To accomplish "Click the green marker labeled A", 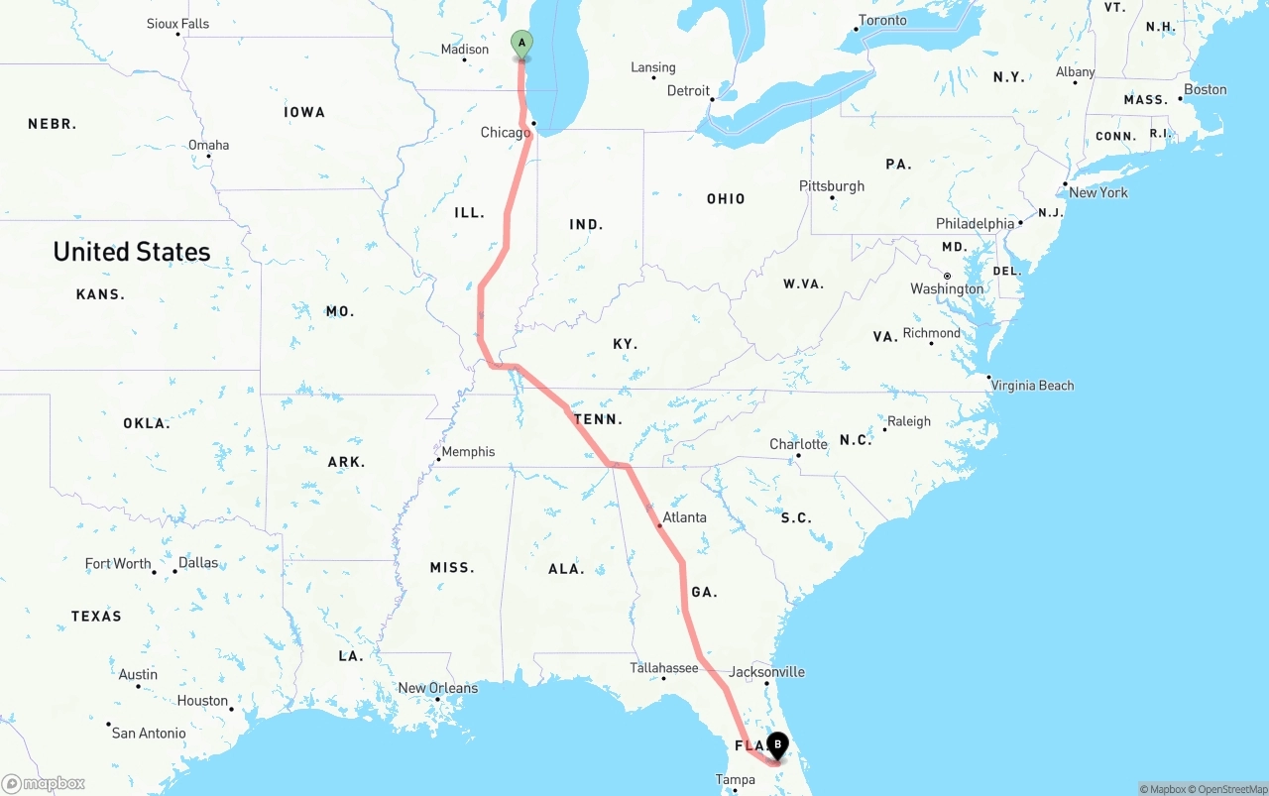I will coord(521,44).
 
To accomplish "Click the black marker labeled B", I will coord(778,744).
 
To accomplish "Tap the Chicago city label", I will coord(505,133).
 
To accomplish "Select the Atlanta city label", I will coord(684,517).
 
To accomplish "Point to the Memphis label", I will coord(468,452).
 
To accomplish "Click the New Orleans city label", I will coord(437,688).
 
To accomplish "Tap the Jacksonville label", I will coord(766,672).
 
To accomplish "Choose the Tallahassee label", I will coord(664,668).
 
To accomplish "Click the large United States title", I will coord(132,252).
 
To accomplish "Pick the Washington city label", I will coord(947,289).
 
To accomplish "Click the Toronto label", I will coord(882,21).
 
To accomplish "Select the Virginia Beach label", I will coord(1032,386).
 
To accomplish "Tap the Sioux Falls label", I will coord(177,24).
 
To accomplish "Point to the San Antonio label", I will coord(148,734).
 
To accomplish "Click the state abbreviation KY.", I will coord(625,344).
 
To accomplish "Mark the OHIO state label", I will coord(726,199).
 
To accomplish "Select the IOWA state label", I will coord(304,112).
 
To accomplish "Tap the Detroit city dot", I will coord(712,99).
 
